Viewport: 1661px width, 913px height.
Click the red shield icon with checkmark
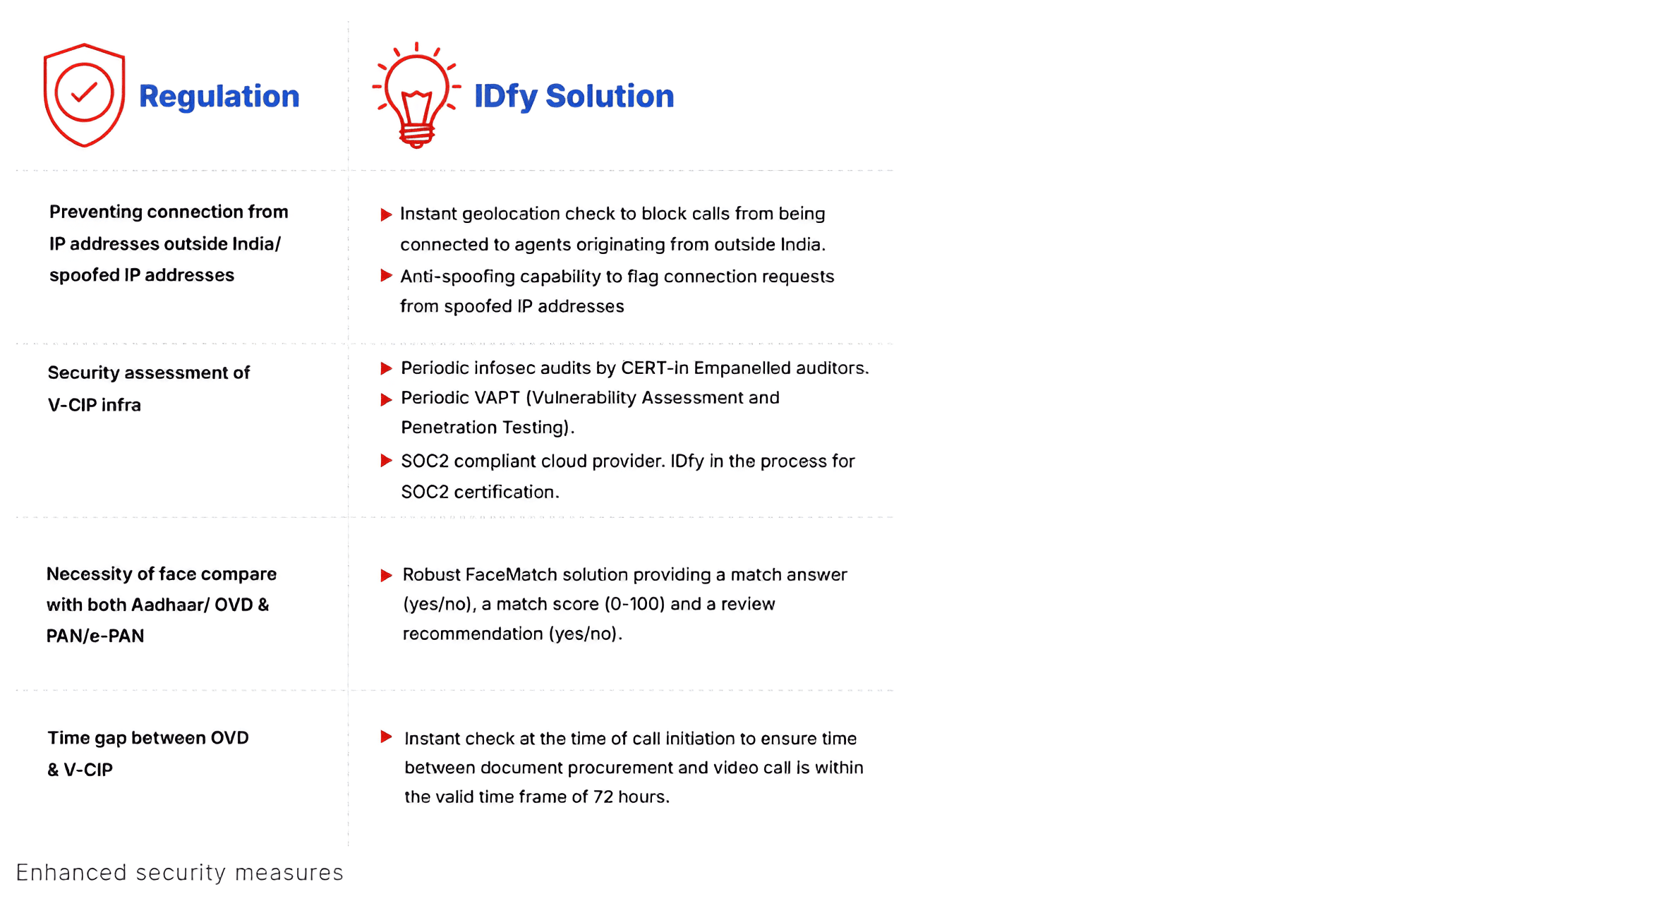[84, 95]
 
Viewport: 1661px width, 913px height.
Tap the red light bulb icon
[416, 95]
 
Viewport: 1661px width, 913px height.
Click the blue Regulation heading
[219, 96]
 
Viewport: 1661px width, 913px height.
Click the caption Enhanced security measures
[179, 872]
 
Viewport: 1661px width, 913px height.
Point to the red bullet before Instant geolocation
[386, 214]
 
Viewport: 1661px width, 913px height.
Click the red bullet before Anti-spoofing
[386, 276]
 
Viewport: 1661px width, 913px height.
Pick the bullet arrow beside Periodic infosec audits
[386, 368]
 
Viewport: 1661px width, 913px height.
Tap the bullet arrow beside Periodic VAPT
[386, 399]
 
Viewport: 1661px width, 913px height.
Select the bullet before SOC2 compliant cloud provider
[386, 461]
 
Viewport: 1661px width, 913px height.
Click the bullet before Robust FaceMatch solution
[386, 575]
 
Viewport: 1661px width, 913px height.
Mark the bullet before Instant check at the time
[386, 737]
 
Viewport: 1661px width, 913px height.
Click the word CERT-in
[654, 368]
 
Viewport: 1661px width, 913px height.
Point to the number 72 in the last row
[603, 797]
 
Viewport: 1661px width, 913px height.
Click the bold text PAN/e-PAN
[95, 636]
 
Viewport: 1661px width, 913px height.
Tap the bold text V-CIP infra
[95, 405]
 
